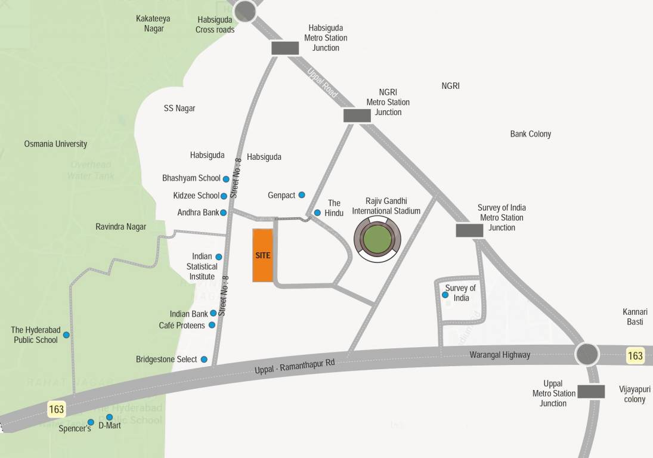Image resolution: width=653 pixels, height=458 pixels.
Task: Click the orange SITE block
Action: (262, 255)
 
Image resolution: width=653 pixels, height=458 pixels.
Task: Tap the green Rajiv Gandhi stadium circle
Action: (377, 239)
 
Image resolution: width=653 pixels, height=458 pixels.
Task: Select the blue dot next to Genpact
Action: (302, 195)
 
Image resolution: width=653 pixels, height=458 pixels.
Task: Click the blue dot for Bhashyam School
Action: (226, 179)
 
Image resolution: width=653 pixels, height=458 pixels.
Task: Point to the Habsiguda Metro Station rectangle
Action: (285, 48)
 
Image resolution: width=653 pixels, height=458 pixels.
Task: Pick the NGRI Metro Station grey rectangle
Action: (357, 116)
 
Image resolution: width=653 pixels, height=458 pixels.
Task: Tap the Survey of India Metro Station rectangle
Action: (469, 230)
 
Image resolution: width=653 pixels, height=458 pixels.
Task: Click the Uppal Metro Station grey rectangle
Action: (591, 391)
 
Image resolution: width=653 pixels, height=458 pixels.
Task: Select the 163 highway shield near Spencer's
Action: (57, 410)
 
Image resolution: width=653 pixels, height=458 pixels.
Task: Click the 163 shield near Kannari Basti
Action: (635, 356)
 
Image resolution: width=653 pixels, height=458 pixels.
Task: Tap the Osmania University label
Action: (55, 144)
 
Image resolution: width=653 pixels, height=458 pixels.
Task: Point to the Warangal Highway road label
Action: (500, 355)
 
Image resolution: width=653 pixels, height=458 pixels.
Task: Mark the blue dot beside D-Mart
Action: (110, 417)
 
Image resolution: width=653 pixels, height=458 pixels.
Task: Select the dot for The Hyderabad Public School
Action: (66, 335)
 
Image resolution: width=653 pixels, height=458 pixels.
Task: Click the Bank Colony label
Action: (530, 134)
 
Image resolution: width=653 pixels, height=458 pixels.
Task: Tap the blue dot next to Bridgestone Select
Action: (204, 360)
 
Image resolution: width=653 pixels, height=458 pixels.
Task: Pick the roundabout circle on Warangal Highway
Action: (586, 354)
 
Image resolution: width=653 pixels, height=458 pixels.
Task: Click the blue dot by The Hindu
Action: (317, 212)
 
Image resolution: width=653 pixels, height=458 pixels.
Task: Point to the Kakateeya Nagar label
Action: (153, 23)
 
